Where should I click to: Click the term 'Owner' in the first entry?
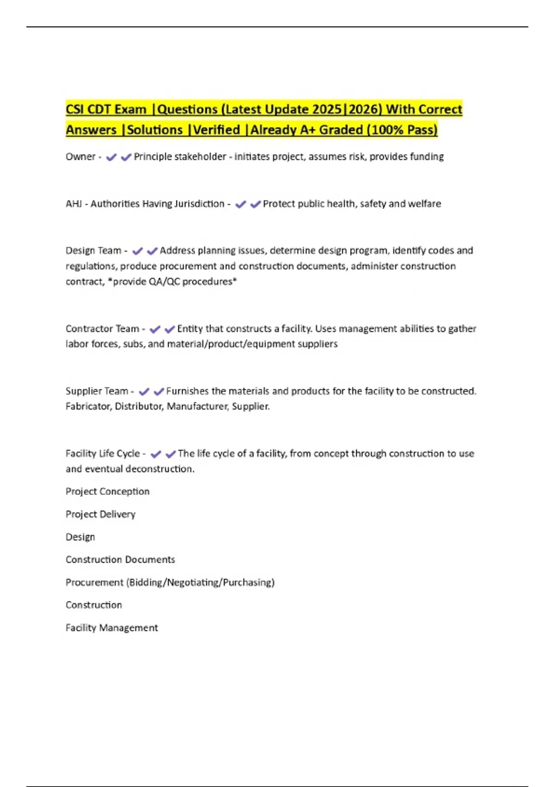point(80,157)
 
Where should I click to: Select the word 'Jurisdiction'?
point(199,204)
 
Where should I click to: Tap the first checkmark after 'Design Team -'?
point(137,251)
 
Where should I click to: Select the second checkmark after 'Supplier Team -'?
point(159,392)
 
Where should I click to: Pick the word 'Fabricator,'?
point(89,406)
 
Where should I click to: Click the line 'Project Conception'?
point(107,491)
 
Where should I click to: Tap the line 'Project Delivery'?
point(100,514)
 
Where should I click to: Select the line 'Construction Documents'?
point(120,559)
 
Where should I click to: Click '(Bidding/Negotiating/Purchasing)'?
point(200,582)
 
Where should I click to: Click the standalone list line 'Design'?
point(80,537)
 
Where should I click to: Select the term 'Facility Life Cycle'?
point(103,454)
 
